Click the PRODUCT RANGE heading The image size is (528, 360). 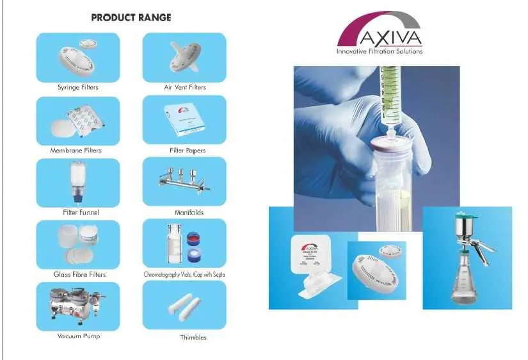[x=131, y=17]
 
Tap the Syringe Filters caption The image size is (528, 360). [x=77, y=88]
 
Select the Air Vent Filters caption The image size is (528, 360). [x=184, y=88]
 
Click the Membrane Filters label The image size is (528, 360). [x=76, y=151]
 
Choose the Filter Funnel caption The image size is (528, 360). [x=81, y=213]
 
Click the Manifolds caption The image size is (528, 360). [x=189, y=213]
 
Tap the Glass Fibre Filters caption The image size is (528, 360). [x=79, y=275]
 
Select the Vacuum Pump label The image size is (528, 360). [x=78, y=336]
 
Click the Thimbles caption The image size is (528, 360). [x=193, y=338]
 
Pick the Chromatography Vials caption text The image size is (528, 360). [x=184, y=275]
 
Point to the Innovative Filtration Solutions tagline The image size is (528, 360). [x=380, y=52]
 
